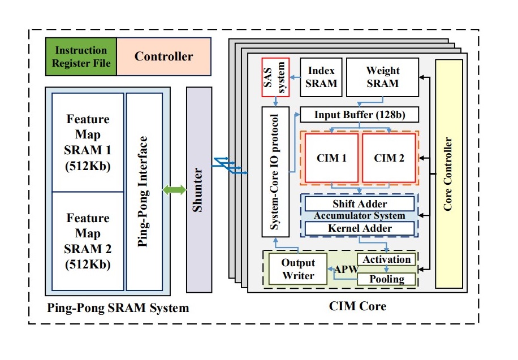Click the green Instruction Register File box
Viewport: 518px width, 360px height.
pos(80,57)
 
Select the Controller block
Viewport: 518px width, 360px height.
pos(163,57)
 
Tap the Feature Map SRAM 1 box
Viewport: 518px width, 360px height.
pos(88,142)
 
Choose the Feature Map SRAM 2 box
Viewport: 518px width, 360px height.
pos(88,241)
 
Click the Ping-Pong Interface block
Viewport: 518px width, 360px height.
pos(144,192)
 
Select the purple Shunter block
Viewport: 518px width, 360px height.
pos(198,190)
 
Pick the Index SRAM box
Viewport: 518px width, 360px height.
pos(321,77)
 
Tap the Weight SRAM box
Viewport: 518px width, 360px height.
pos(382,77)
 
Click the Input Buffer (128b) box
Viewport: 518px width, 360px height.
pos(359,115)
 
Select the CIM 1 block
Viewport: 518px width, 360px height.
pos(332,158)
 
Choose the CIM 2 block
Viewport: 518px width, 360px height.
pos(389,158)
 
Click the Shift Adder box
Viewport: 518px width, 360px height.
pos(360,204)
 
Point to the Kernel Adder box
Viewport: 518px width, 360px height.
pos(360,229)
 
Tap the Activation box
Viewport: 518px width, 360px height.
pos(387,259)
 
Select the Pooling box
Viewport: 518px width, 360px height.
pos(387,279)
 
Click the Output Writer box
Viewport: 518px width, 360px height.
pos(298,270)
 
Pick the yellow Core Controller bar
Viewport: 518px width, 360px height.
pos(448,174)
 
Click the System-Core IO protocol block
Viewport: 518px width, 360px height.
pos(275,172)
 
